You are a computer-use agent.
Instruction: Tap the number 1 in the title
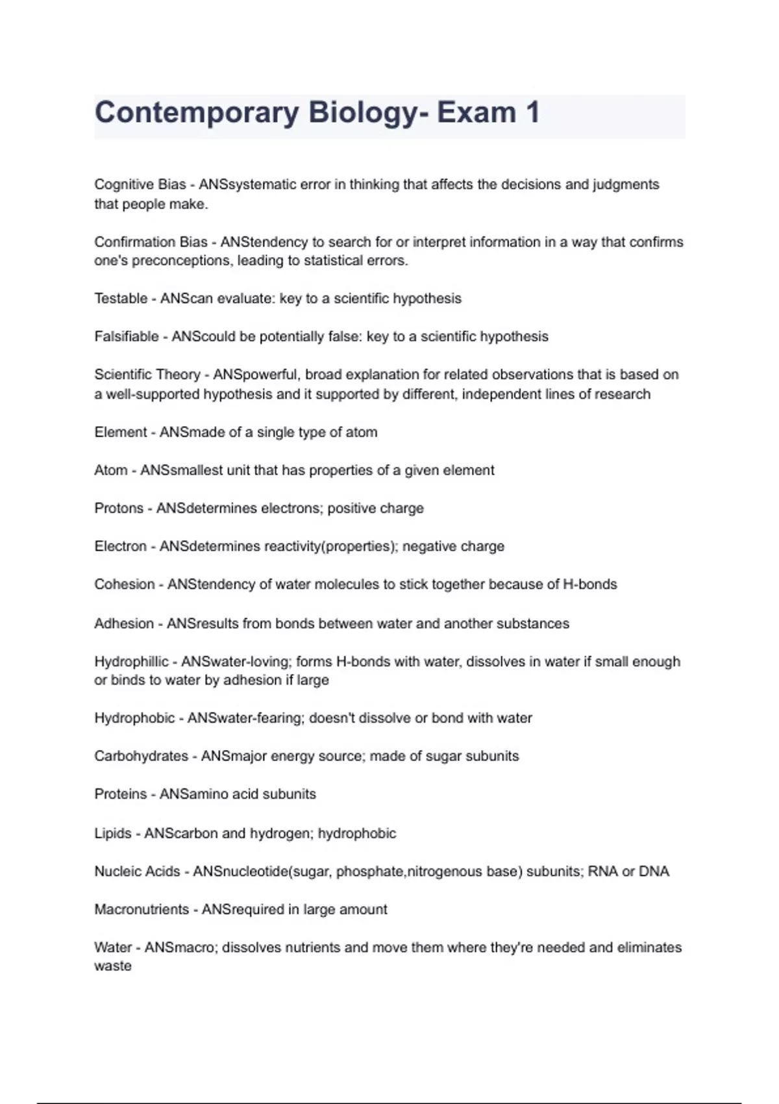[532, 112]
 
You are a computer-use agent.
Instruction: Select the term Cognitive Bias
[140, 184]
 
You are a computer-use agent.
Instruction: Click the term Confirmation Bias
[151, 242]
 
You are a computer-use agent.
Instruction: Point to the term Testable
[121, 299]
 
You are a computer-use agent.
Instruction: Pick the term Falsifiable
[127, 336]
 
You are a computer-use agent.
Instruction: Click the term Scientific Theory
[147, 375]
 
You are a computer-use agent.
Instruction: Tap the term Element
[121, 433]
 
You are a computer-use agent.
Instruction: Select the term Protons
[119, 508]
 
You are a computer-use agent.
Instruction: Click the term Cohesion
[125, 584]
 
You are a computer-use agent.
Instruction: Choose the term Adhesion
[124, 624]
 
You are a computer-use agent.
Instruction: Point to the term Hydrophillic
[131, 662]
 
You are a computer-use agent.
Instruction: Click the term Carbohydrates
[141, 757]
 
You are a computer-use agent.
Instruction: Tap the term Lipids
[113, 833]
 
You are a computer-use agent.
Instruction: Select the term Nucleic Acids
[137, 872]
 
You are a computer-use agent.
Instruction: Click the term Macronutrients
[142, 910]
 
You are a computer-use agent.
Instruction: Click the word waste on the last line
[113, 966]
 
